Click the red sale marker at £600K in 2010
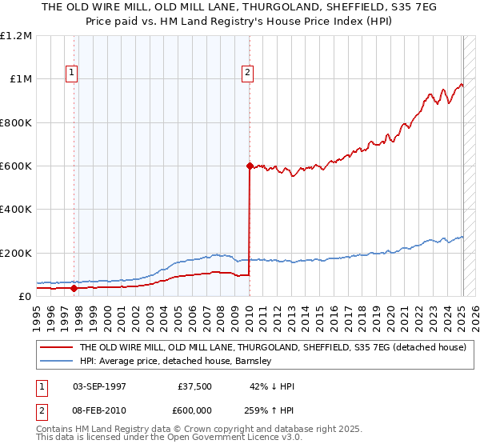(250, 166)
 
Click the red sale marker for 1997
(74, 288)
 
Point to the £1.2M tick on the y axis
(16, 36)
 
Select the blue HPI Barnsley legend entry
(176, 361)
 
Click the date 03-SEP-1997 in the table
(99, 386)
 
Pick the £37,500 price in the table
(195, 386)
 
